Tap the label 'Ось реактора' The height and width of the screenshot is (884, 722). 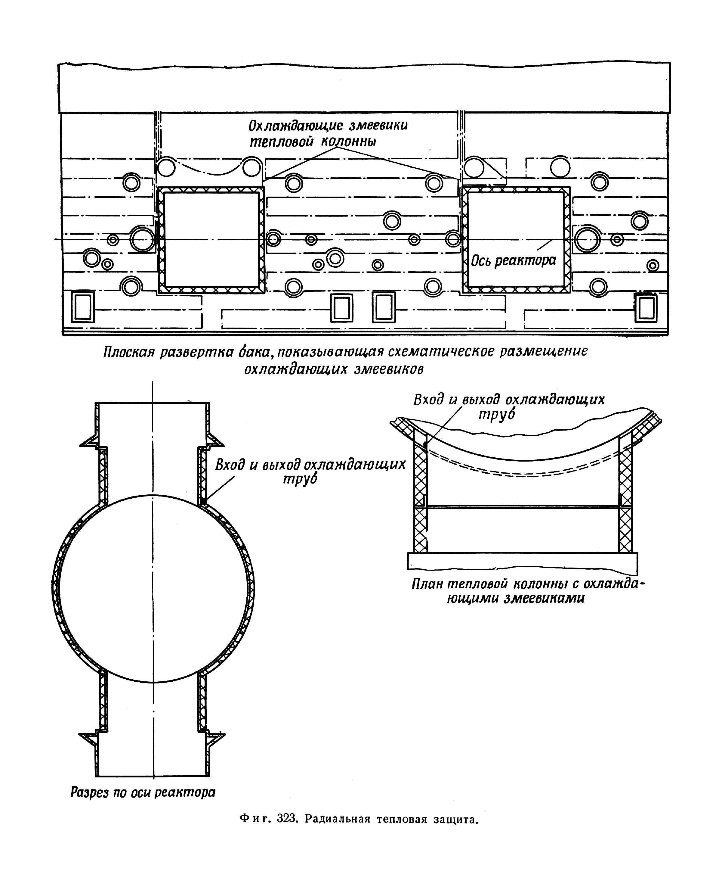pyautogui.click(x=514, y=260)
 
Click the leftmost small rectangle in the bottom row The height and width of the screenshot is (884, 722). pyautogui.click(x=83, y=307)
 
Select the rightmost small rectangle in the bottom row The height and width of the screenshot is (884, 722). pyautogui.click(x=646, y=308)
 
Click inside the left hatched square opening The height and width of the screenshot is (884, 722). pyautogui.click(x=211, y=240)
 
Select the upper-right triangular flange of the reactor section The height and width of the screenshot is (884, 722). pyautogui.click(x=215, y=440)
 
